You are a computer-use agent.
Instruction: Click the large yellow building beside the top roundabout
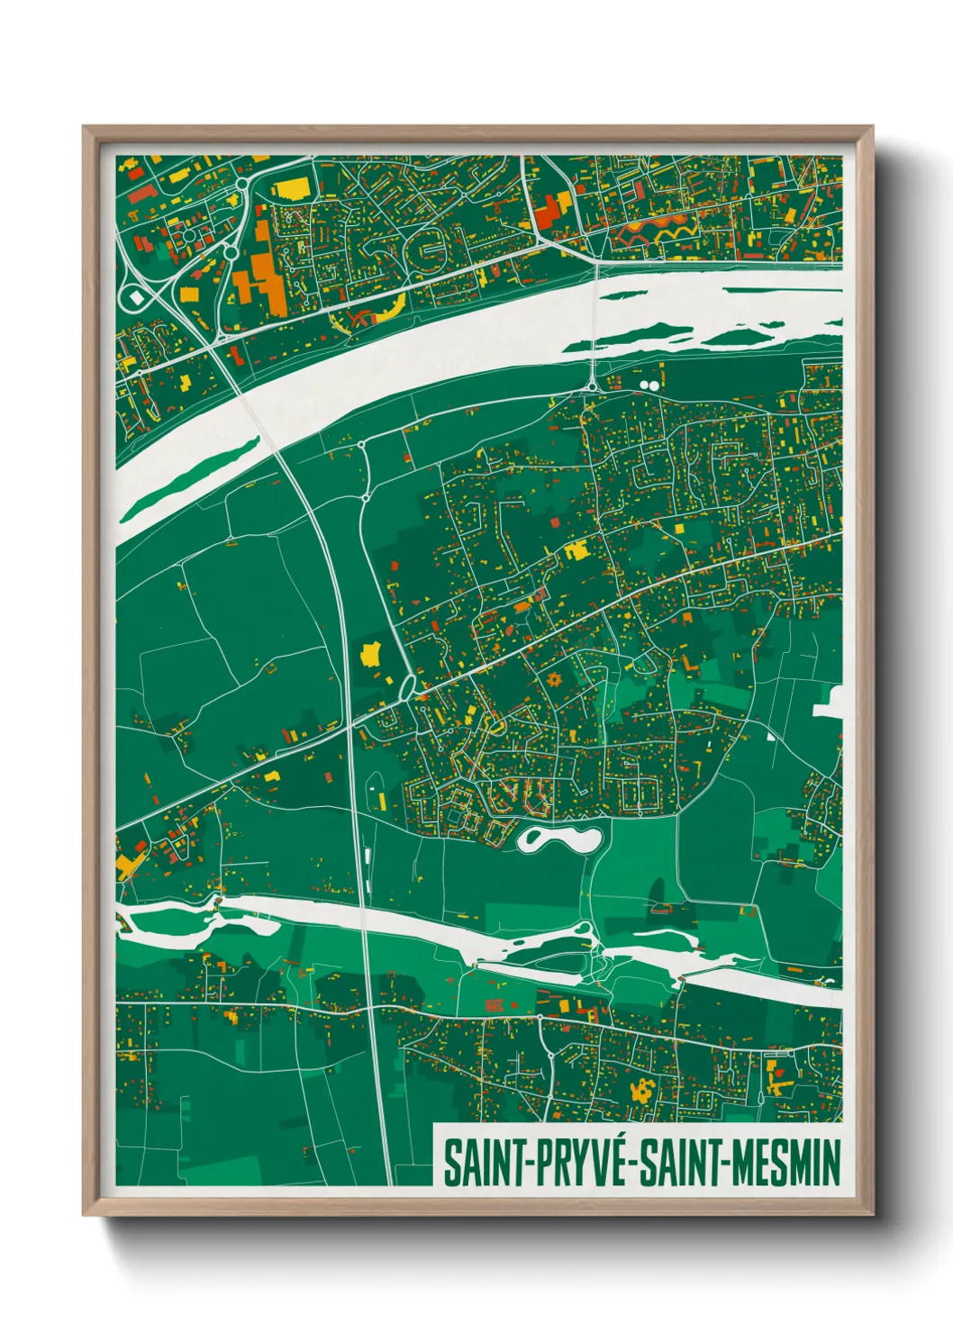point(291,190)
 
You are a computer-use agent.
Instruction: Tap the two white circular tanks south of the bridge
point(649,385)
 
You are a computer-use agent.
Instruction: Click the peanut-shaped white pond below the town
point(558,839)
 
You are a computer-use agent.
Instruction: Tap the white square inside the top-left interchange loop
point(137,296)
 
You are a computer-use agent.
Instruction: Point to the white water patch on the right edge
point(830,703)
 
